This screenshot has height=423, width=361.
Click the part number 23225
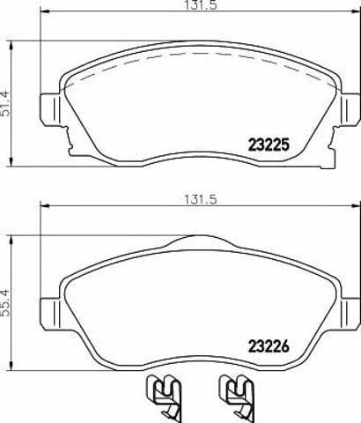tap(269, 145)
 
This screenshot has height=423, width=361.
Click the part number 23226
tap(269, 346)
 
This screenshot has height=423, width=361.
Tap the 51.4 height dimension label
tap(6, 104)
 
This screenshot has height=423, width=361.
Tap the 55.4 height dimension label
tap(6, 303)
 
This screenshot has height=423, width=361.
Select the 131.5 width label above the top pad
tap(202, 5)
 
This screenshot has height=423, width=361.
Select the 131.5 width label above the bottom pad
tap(201, 199)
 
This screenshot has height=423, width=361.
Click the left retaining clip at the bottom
tap(164, 398)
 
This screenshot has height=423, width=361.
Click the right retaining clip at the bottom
tap(237, 398)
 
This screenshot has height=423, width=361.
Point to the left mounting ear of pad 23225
tap(50, 109)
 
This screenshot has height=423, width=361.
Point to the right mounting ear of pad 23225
tap(350, 109)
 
